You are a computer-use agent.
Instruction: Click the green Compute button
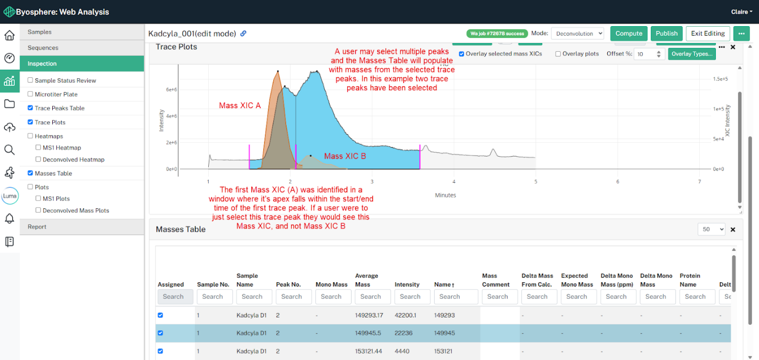pyautogui.click(x=629, y=34)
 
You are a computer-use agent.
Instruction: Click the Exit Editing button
pyautogui.click(x=707, y=34)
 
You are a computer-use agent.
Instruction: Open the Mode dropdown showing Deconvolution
pyautogui.click(x=577, y=34)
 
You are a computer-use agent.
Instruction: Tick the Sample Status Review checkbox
pyautogui.click(x=30, y=80)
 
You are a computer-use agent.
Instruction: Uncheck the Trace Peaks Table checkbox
pyautogui.click(x=30, y=108)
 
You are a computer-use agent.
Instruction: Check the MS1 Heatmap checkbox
pyautogui.click(x=38, y=148)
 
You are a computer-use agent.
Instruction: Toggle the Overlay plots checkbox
pyautogui.click(x=558, y=54)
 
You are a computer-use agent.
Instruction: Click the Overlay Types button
pyautogui.click(x=691, y=54)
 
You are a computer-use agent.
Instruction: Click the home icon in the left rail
pyautogui.click(x=10, y=35)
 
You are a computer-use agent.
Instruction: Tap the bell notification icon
pyautogui.click(x=10, y=218)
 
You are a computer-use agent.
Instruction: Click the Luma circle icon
pyautogui.click(x=10, y=196)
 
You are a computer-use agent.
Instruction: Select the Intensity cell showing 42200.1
pyautogui.click(x=405, y=315)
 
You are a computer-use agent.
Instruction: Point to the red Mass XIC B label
pyautogui.click(x=345, y=156)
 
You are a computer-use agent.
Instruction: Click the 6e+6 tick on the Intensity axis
pyautogui.click(x=172, y=90)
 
